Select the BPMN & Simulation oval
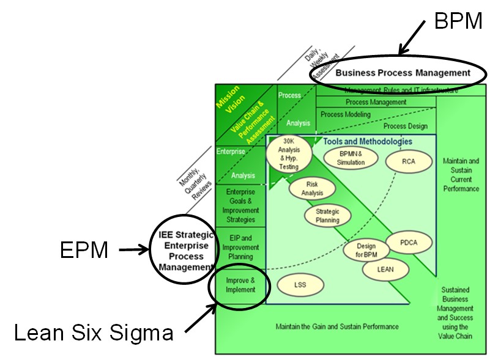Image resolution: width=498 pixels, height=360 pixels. coord(351,158)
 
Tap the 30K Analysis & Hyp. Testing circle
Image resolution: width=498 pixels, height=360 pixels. coord(289,155)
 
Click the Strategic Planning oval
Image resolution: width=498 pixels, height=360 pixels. coord(328,216)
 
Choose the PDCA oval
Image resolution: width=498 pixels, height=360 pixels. coord(409,243)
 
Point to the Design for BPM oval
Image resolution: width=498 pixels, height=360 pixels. coord(366,250)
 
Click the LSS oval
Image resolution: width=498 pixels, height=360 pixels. coord(300,285)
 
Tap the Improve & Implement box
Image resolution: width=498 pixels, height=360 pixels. coord(239,285)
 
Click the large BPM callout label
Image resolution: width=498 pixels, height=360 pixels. coord(458,21)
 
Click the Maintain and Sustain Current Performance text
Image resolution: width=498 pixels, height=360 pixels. coord(461,175)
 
